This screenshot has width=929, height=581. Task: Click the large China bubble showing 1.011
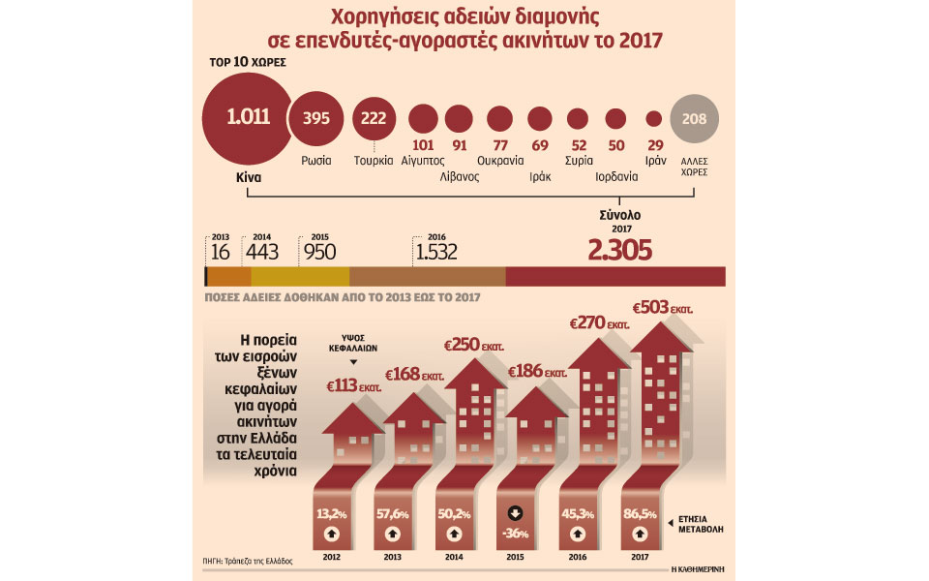(248, 118)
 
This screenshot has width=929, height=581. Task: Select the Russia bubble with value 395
(316, 119)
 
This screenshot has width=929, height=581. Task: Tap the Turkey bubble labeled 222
(372, 119)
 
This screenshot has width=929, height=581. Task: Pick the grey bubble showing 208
(694, 119)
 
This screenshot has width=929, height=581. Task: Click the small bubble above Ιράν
(654, 119)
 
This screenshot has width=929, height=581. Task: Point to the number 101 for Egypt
(422, 145)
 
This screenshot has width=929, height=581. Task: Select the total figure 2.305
(619, 251)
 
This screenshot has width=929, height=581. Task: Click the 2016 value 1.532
(435, 252)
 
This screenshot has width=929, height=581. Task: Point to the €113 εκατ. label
(350, 386)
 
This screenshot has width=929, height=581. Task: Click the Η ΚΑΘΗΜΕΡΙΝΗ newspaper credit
(695, 570)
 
